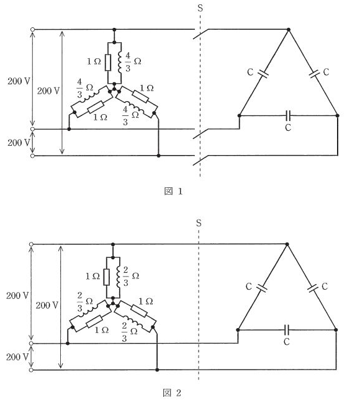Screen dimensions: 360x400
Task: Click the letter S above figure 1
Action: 200,8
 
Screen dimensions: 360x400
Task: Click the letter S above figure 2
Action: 199,223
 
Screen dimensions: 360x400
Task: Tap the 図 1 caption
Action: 173,191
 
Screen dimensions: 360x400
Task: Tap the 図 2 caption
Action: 172,393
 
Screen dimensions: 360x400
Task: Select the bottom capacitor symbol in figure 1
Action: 288,115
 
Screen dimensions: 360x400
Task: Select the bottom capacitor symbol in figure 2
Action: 287,330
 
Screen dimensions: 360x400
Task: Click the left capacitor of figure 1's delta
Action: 263,73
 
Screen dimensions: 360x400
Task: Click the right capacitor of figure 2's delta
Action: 312,288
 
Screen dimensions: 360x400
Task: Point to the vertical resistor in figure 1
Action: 108,63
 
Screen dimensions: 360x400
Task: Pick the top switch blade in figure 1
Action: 201,34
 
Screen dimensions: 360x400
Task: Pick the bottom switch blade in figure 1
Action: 201,160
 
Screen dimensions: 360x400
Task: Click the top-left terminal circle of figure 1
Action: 32,29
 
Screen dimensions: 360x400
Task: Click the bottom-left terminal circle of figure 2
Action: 31,370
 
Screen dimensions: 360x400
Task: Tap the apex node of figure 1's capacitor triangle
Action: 289,29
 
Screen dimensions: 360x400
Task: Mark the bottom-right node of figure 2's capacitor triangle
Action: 336,330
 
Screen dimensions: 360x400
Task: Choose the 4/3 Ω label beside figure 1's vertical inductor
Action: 133,62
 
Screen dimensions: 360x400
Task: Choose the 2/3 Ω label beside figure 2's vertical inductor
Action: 131,276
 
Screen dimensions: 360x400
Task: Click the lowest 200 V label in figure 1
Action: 19,143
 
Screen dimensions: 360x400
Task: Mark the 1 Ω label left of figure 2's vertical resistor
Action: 92,276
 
